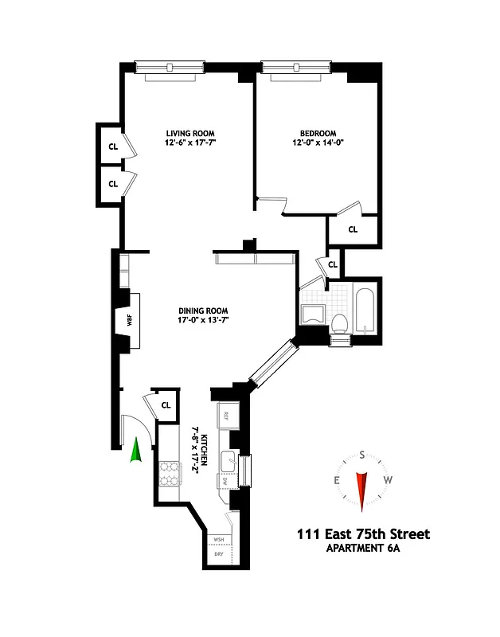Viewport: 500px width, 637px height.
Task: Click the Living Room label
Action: coord(190,133)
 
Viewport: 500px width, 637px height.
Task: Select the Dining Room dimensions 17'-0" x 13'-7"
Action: coord(203,321)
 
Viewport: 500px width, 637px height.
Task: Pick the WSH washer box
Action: coord(217,539)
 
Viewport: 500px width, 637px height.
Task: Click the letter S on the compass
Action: coord(362,455)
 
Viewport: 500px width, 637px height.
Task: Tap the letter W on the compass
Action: coord(388,480)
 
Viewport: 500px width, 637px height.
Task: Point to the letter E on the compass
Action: coord(337,480)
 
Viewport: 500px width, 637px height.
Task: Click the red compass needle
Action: coord(362,490)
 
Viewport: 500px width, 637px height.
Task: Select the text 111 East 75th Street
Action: coord(362,533)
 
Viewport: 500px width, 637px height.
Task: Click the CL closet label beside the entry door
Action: coord(166,404)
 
